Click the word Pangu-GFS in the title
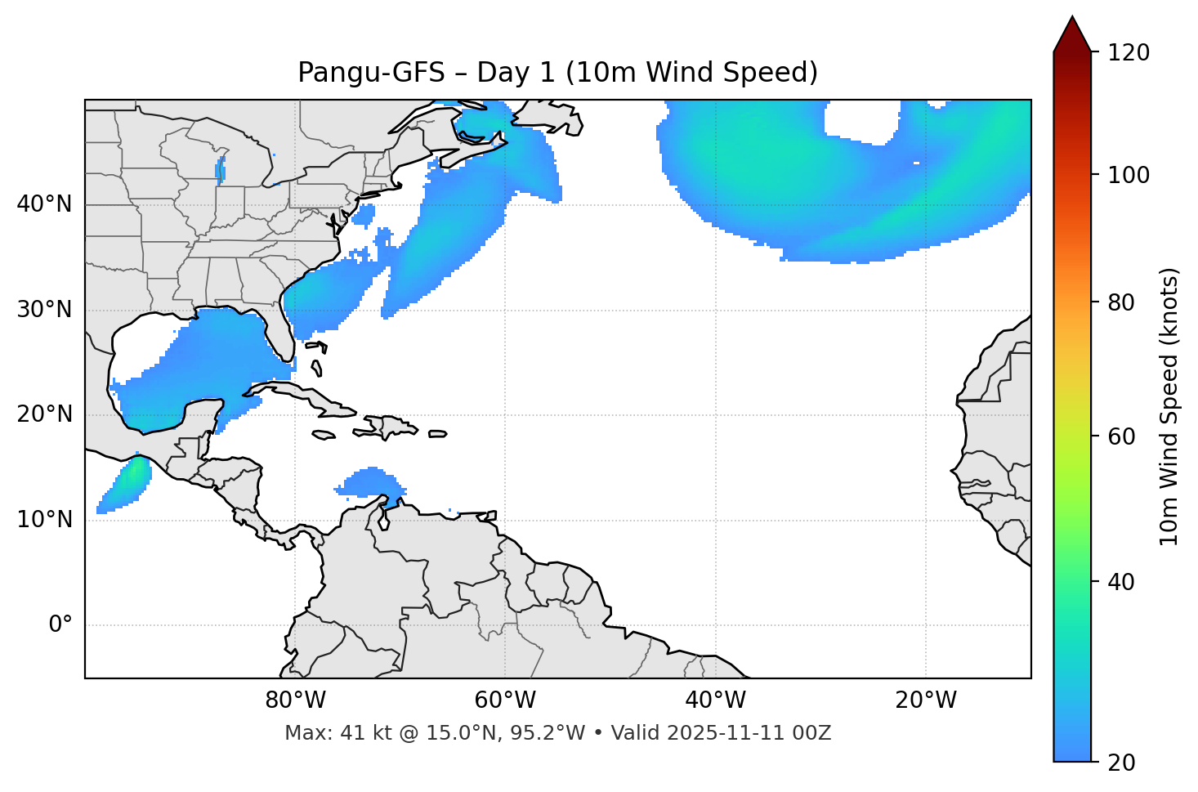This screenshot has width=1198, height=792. click(x=371, y=73)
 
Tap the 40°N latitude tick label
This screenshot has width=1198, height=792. click(x=44, y=204)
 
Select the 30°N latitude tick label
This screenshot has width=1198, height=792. click(x=44, y=310)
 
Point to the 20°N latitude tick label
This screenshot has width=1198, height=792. click(x=44, y=414)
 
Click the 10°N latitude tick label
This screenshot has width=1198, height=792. click(x=44, y=520)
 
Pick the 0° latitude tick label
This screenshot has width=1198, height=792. click(x=60, y=625)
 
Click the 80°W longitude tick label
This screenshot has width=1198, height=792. click(x=295, y=700)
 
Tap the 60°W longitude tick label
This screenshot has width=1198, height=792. click(x=505, y=700)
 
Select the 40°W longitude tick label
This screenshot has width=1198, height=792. click(x=715, y=700)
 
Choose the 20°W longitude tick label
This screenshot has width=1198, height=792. click(x=925, y=700)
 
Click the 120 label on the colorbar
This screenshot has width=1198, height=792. click(x=1129, y=53)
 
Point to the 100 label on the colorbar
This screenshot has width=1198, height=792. click(x=1129, y=175)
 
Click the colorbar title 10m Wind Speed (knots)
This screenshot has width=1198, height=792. click(x=1169, y=406)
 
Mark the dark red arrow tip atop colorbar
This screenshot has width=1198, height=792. click(x=1072, y=33)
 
